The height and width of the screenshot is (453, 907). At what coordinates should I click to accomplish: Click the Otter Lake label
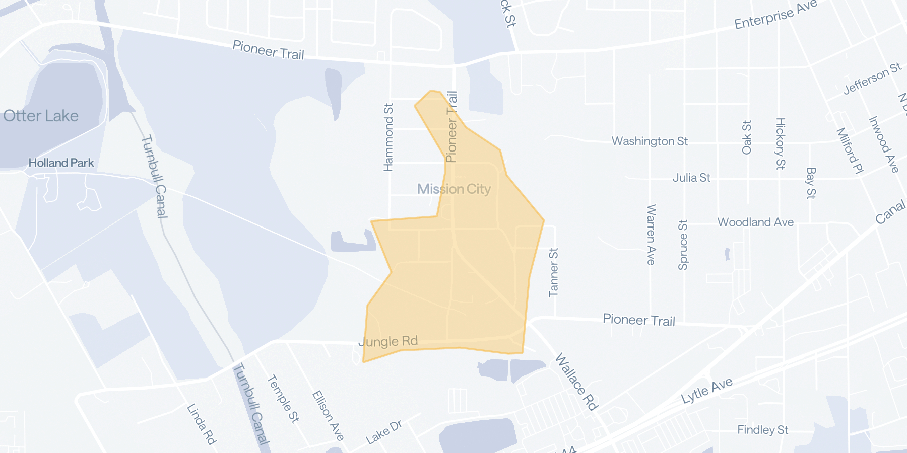pos(41,116)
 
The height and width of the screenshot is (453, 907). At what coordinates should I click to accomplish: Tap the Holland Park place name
pos(61,163)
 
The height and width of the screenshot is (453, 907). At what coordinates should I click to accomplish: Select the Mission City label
pos(454,189)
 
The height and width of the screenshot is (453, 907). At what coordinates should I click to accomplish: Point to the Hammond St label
pos(388,137)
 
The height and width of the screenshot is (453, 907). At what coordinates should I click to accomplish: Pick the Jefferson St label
pos(872,79)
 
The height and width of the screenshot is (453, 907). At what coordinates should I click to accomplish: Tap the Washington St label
pos(650,141)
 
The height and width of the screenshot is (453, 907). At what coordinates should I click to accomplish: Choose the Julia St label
pos(691,178)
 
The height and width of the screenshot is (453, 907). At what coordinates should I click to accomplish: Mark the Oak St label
pos(747,137)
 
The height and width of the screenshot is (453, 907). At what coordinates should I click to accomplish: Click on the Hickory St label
pos(780,143)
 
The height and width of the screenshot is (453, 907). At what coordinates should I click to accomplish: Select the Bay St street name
pos(810,183)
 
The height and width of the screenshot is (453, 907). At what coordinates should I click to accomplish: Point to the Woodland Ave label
pos(755,222)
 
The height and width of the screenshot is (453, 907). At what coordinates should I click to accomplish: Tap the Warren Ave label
pos(651,235)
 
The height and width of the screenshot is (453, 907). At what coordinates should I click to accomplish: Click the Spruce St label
pos(683,245)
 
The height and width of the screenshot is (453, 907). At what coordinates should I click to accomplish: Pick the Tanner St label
pos(553,272)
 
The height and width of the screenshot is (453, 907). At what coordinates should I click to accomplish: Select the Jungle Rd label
pos(388,342)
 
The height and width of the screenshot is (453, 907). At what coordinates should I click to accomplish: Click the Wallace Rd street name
pos(576,382)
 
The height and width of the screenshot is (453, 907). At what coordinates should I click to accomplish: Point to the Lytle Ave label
pos(706,391)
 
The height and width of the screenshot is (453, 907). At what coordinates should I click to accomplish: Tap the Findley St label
pos(762,430)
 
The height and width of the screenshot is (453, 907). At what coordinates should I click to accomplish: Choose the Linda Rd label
pos(202,424)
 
